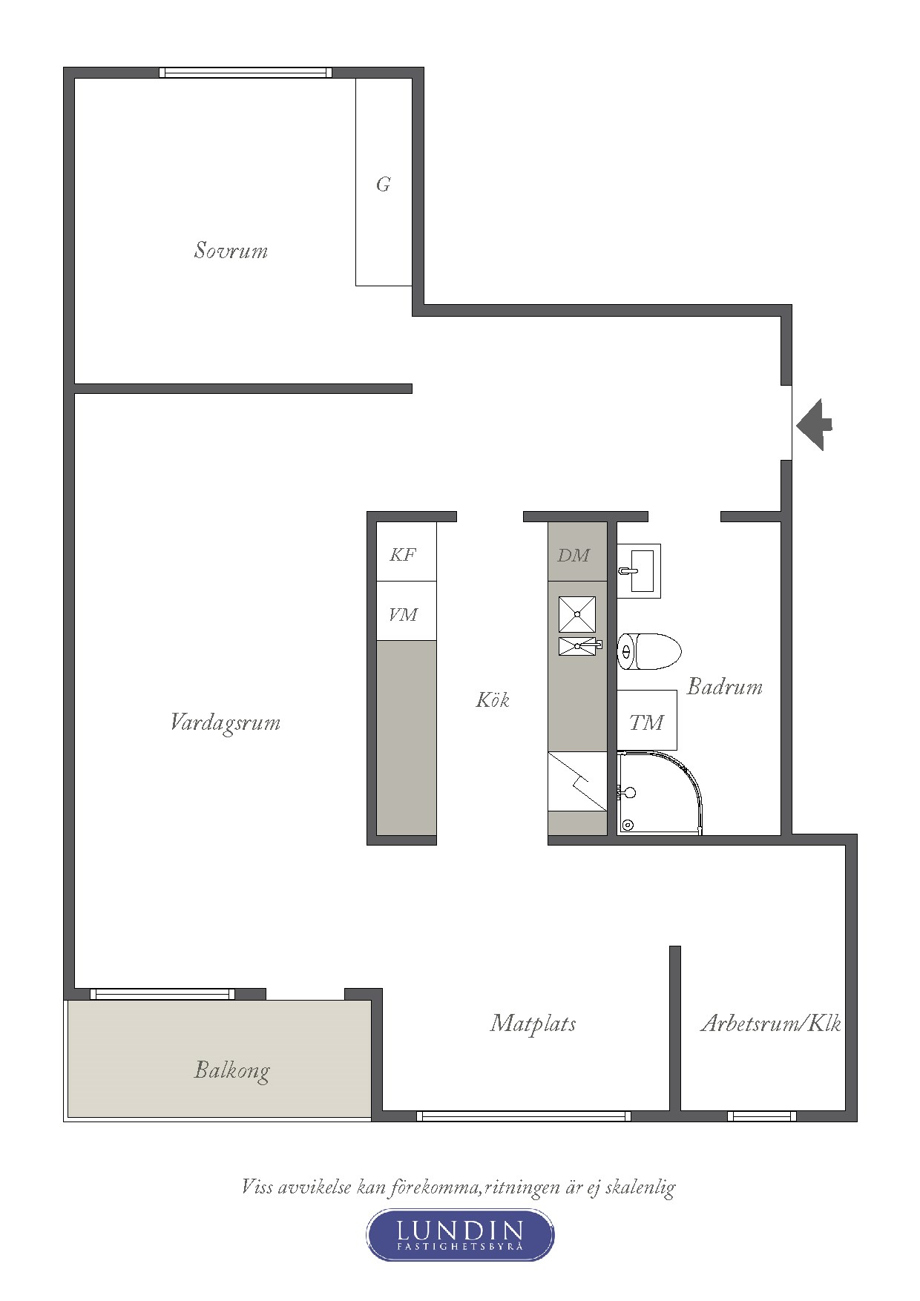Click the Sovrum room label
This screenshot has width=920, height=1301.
pos(231,250)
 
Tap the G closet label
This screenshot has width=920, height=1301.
pos(383,184)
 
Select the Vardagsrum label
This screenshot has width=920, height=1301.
pos(226,722)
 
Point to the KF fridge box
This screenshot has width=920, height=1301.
pos(407,552)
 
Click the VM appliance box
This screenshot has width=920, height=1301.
pos(407,611)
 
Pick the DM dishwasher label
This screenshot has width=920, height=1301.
pos(574,555)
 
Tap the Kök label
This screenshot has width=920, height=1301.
pos(493,699)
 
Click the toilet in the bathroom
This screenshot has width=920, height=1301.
pos(649,651)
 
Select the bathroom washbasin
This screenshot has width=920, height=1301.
pos(639,571)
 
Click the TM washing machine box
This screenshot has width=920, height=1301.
pos(647,720)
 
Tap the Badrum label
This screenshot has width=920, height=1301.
pos(725,686)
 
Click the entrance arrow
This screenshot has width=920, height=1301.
pos(814,425)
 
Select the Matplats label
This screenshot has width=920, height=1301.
pos(533,1024)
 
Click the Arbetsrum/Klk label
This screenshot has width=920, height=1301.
pos(771,1024)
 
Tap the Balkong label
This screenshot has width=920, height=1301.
pos(232,1070)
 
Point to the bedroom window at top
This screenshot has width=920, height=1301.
pos(246,73)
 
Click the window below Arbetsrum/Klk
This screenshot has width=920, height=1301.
pos(762,1116)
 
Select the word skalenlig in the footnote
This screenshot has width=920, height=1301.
pos(640,1188)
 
